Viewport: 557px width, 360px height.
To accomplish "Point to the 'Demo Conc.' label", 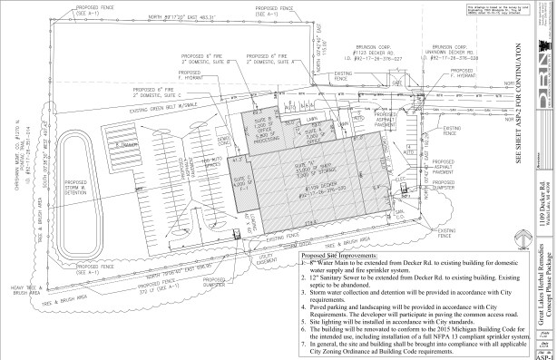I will point(222,155).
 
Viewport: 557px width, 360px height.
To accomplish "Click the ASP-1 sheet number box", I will point(543,354).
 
